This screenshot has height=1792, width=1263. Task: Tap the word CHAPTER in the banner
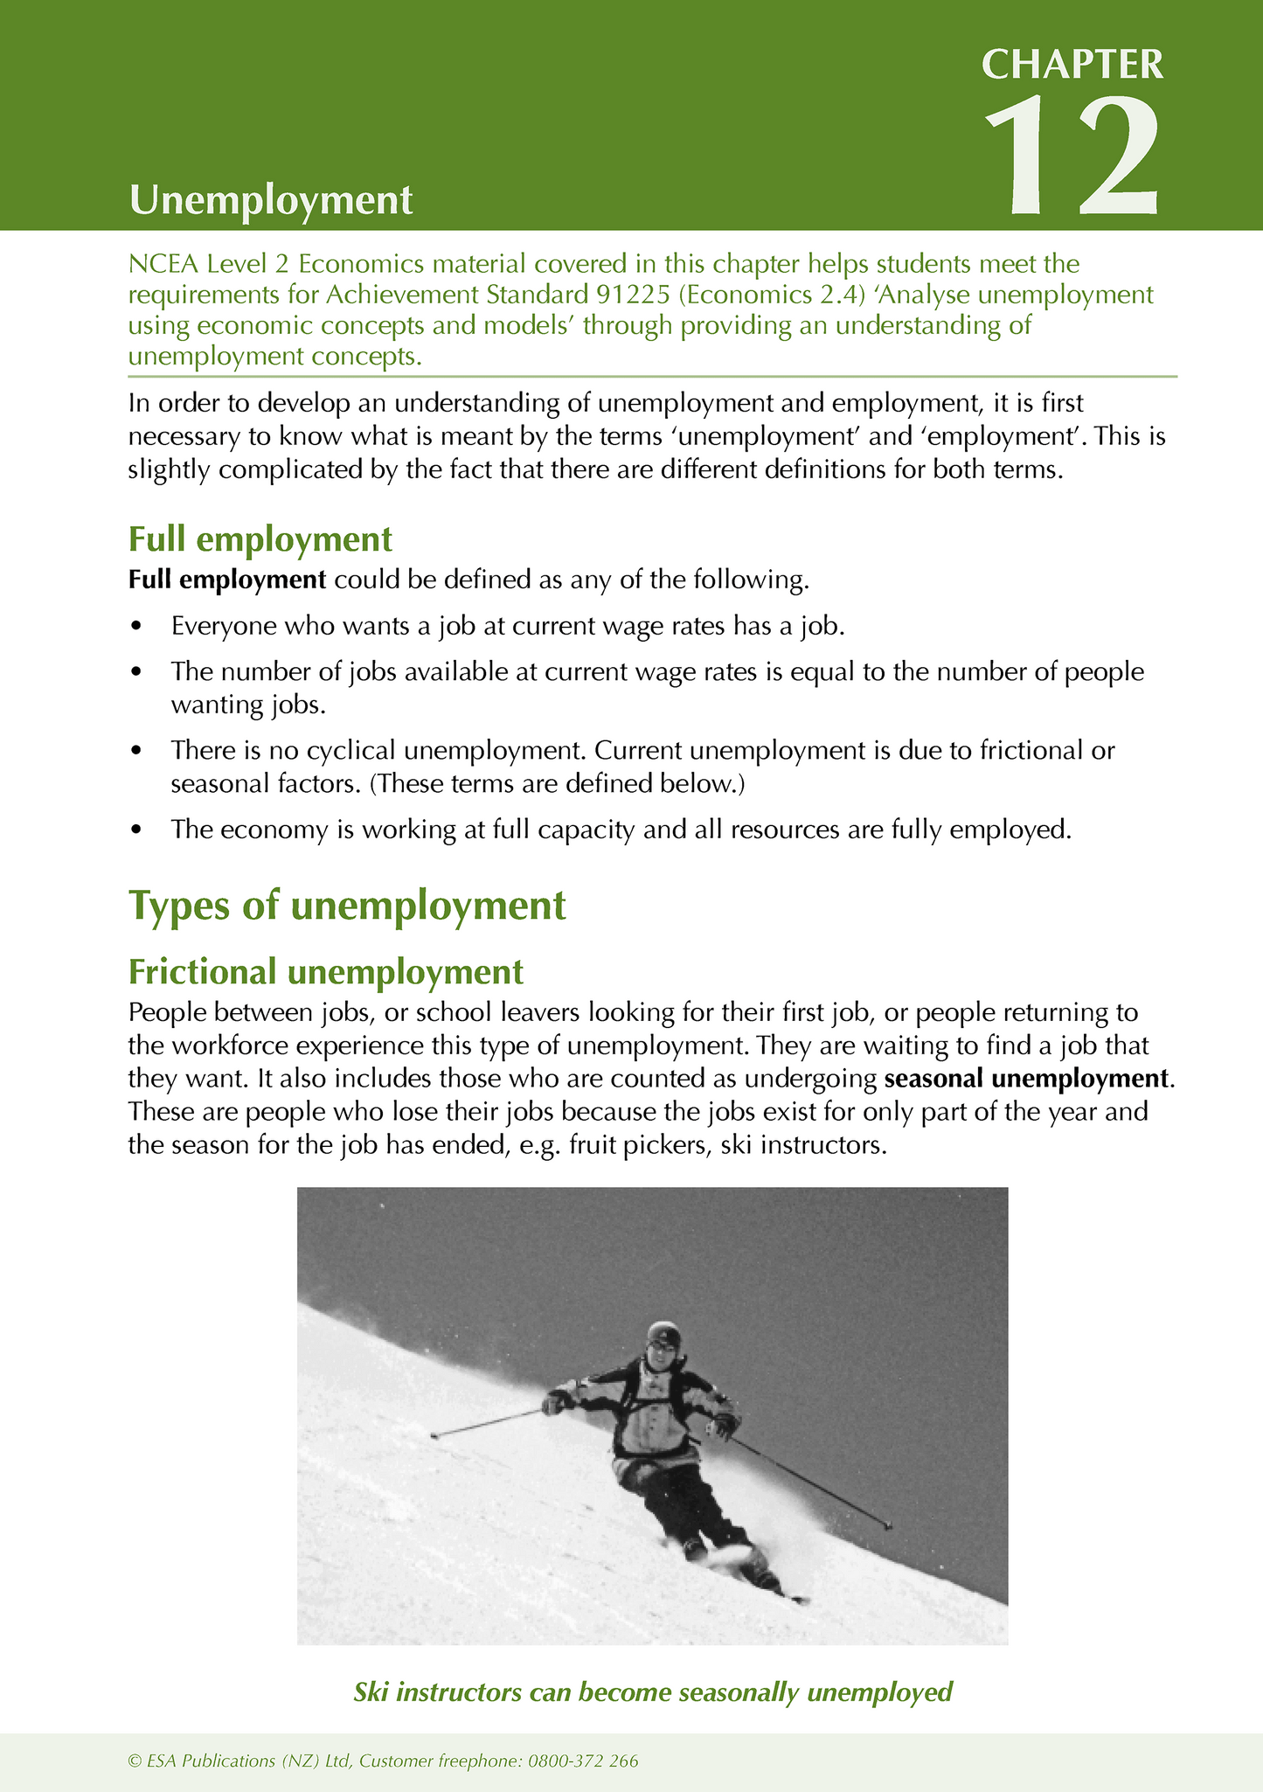[x=1072, y=65]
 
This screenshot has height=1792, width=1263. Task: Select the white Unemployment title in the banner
[x=270, y=200]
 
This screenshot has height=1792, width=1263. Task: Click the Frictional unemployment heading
[x=325, y=971]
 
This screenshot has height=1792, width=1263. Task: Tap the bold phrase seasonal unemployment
[x=1026, y=1079]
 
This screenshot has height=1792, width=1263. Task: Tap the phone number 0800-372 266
[x=583, y=1761]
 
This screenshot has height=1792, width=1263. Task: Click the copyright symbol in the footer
[x=134, y=1761]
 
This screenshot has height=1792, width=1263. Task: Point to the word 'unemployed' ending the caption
[x=879, y=1692]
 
